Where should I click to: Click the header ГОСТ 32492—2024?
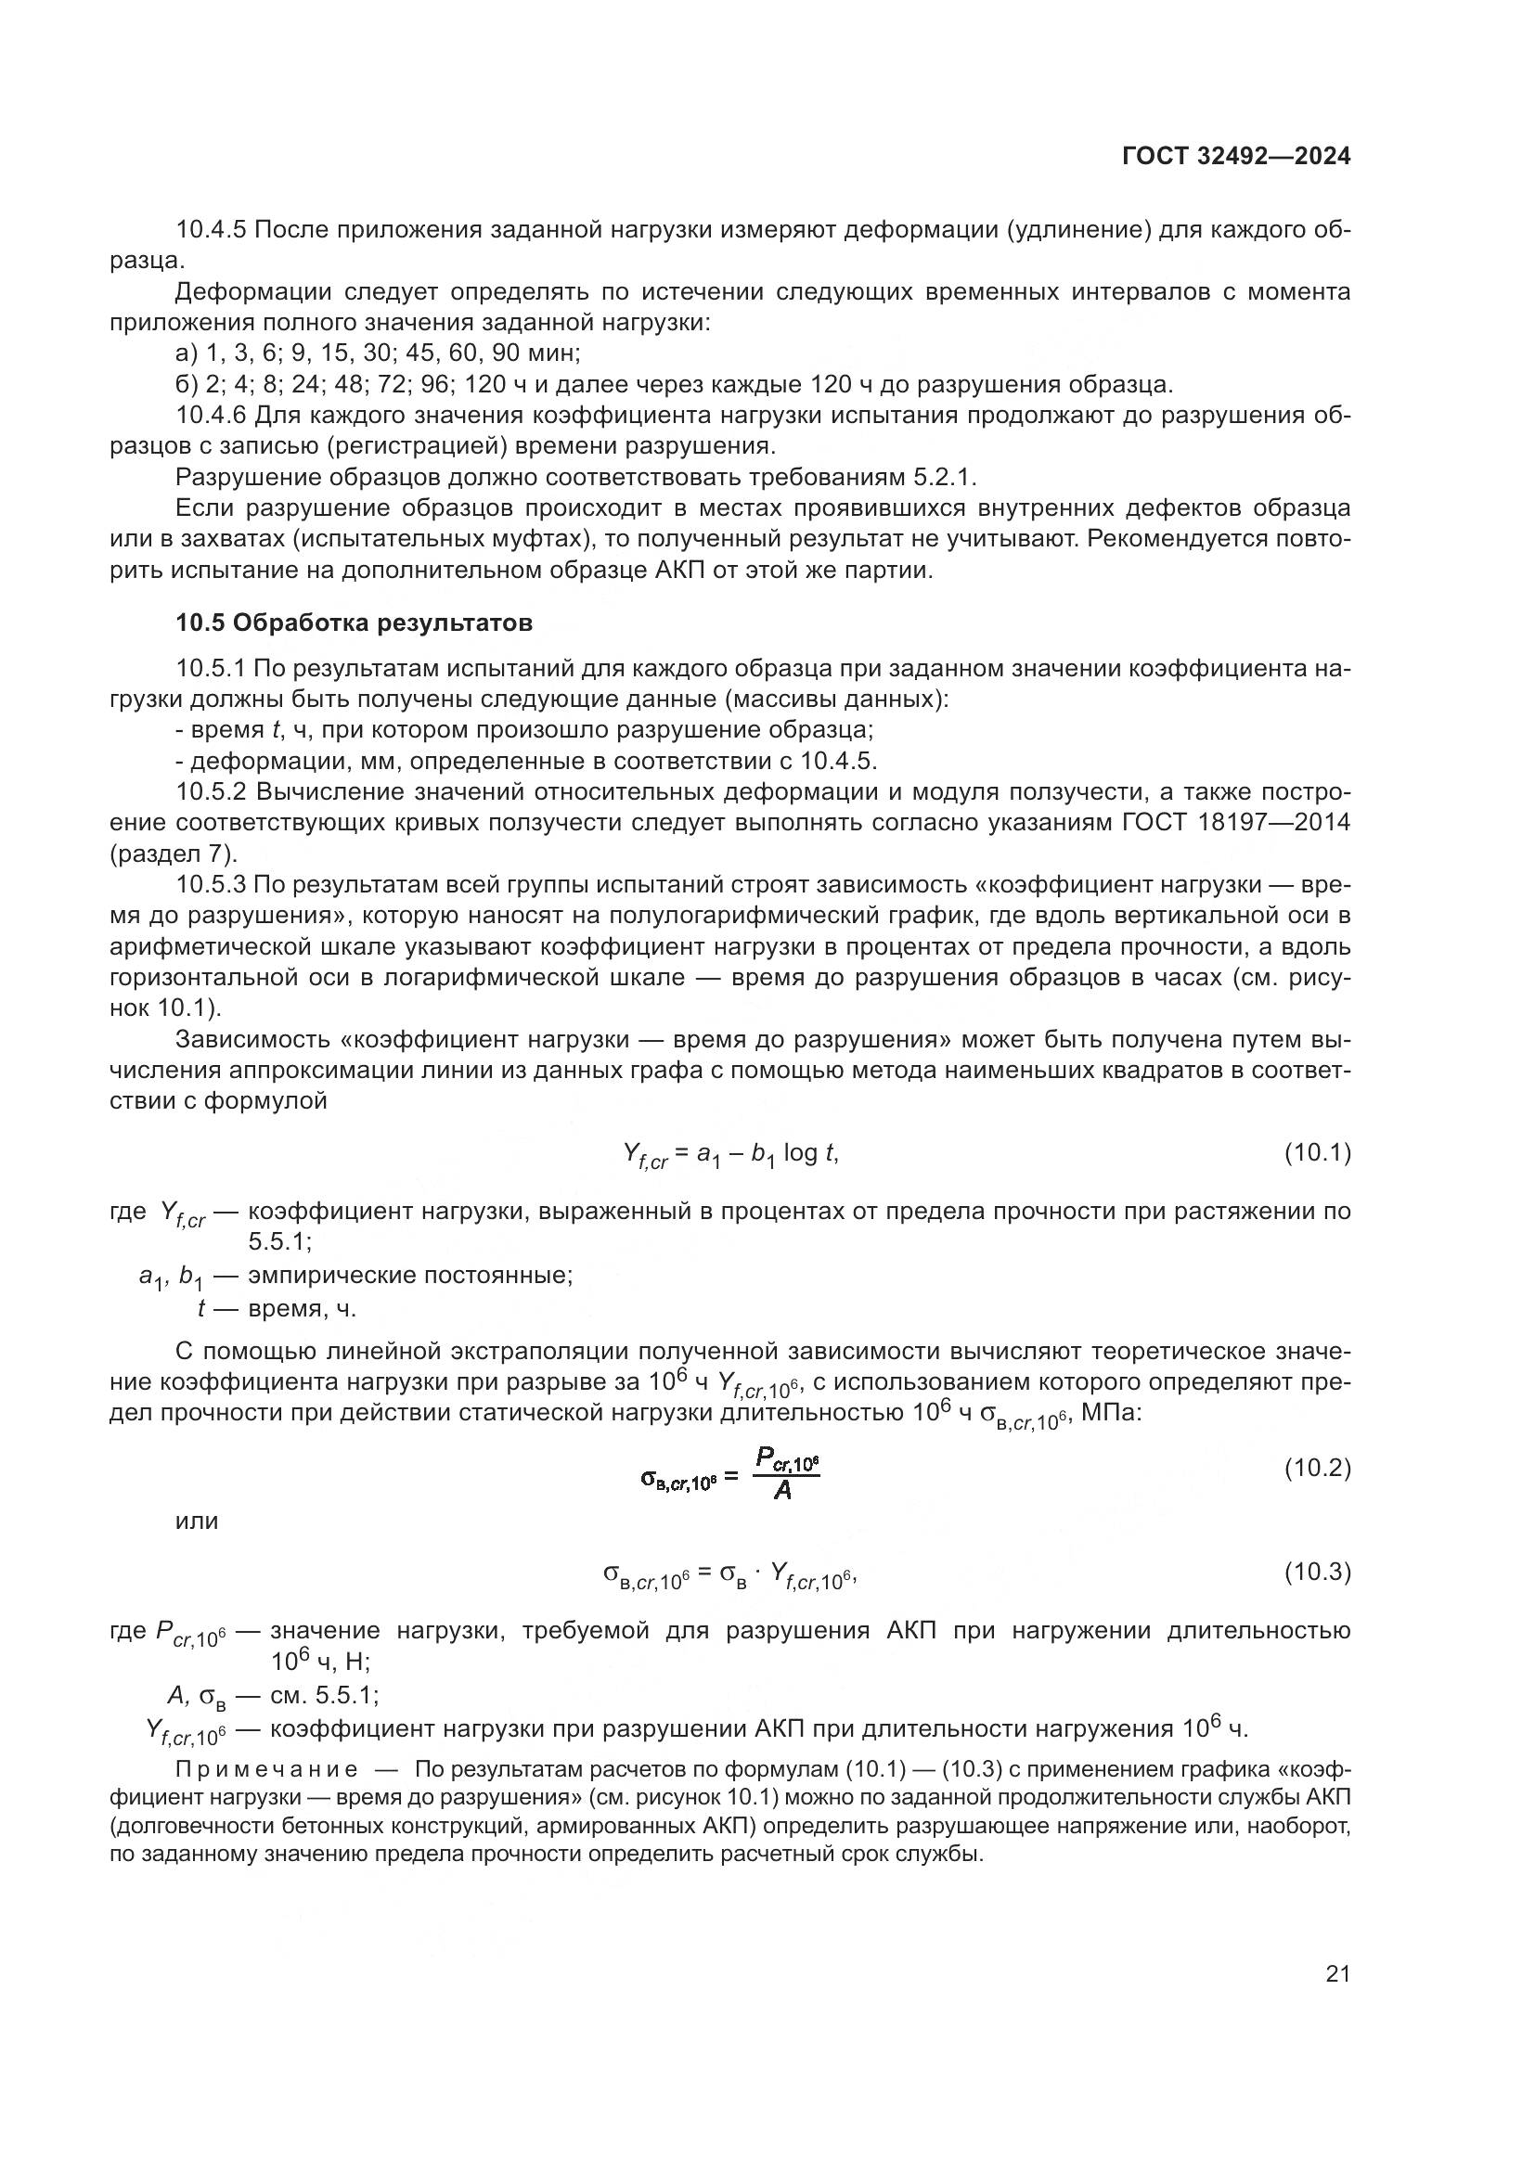click(x=1235, y=156)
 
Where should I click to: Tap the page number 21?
click(x=1337, y=1973)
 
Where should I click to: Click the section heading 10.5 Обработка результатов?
click(x=354, y=623)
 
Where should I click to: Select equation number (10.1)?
click(x=1317, y=1153)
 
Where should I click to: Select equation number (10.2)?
click(x=1317, y=1468)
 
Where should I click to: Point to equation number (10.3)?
click(x=1317, y=1572)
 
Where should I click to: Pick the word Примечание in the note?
click(x=267, y=1769)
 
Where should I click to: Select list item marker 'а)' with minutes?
click(x=187, y=353)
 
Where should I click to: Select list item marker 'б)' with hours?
click(x=187, y=385)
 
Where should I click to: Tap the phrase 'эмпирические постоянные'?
click(x=410, y=1275)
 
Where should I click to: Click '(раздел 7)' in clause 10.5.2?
click(x=173, y=854)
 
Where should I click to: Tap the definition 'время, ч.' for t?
click(x=303, y=1309)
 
